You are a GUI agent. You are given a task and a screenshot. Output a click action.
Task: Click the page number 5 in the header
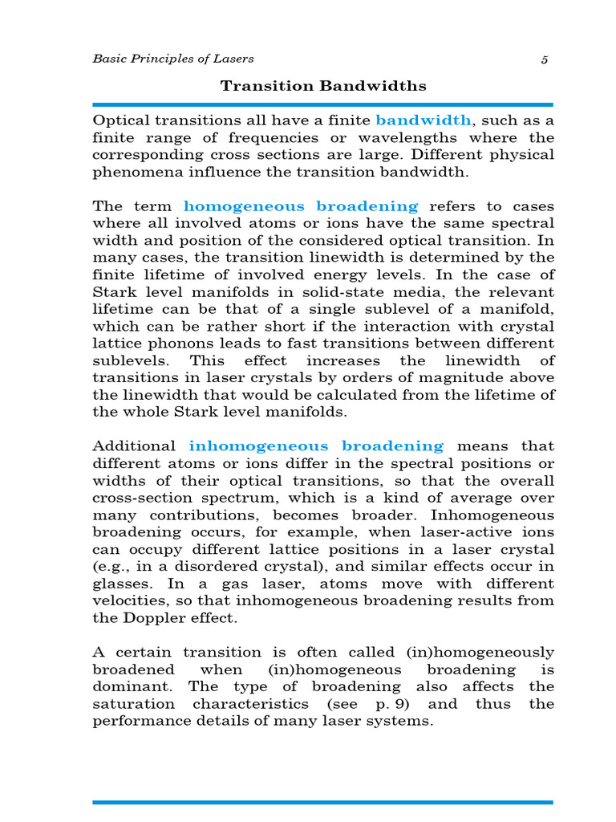[x=545, y=59]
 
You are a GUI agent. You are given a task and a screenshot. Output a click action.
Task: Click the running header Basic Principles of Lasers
[x=172, y=59]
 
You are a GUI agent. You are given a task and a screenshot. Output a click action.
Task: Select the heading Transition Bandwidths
[x=323, y=86]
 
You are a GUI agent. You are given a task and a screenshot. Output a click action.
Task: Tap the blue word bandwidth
[x=423, y=120]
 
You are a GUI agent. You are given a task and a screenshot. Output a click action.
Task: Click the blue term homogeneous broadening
[x=301, y=206]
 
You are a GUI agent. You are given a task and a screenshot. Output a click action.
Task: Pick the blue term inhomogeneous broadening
[x=316, y=446]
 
